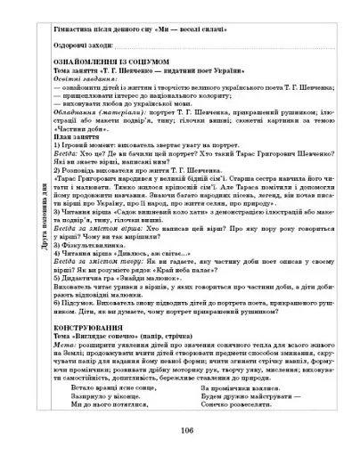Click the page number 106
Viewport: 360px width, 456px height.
[186, 431]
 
